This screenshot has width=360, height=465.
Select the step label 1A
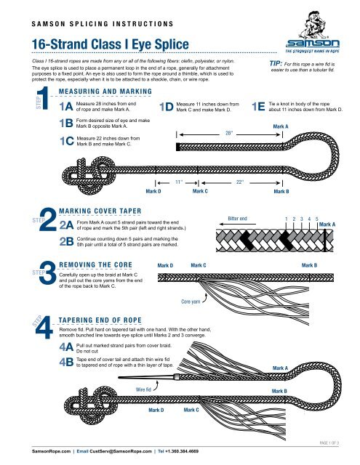[64, 105]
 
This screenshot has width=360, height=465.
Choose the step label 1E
[257, 107]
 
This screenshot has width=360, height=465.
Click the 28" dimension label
[228, 132]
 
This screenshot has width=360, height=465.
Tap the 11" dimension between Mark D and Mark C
[179, 183]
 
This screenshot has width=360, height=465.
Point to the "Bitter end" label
[238, 217]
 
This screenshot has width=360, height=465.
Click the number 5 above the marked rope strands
[317, 217]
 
